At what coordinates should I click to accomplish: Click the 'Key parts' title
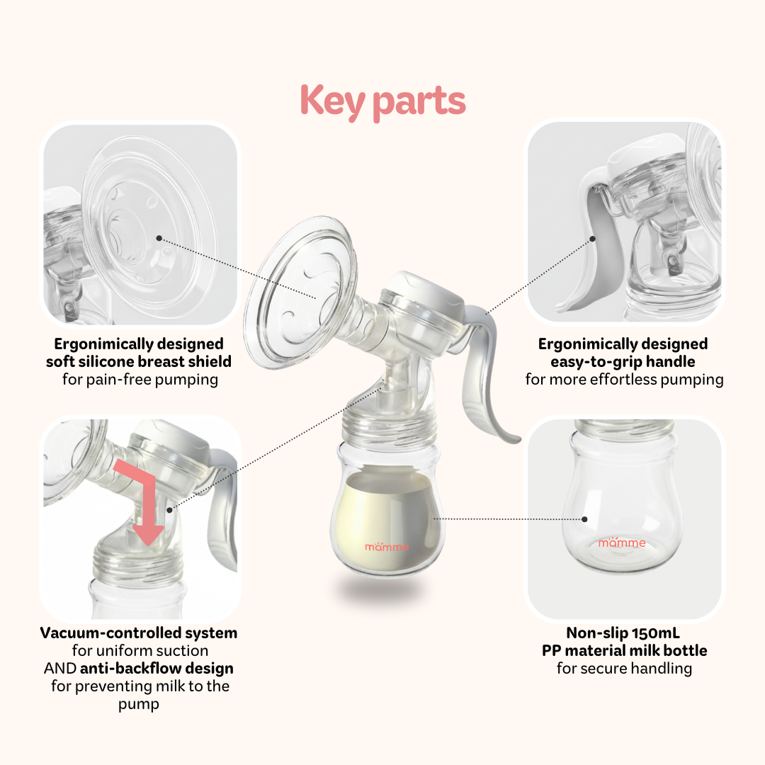[x=382, y=101]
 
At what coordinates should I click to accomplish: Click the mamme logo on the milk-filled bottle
[x=387, y=546]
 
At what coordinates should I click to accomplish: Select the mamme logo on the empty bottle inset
[x=621, y=543]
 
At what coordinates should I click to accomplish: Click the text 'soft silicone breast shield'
[x=139, y=361]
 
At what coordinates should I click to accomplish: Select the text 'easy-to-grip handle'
[x=623, y=361]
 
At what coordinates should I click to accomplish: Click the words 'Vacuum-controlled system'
[x=139, y=633]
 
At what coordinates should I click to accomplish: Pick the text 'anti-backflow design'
[x=157, y=668]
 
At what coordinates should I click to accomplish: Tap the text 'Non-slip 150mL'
[x=623, y=633]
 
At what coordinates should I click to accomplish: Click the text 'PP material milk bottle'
[x=623, y=650]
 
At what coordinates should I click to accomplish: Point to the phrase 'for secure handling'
[x=623, y=668]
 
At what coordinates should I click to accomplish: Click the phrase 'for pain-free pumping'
[x=140, y=379]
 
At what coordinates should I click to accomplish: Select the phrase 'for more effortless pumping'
[x=624, y=379]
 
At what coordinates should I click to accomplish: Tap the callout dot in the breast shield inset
[x=159, y=239]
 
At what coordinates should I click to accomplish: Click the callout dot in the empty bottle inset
[x=585, y=519]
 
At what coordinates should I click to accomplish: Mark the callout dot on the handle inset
[x=594, y=239]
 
